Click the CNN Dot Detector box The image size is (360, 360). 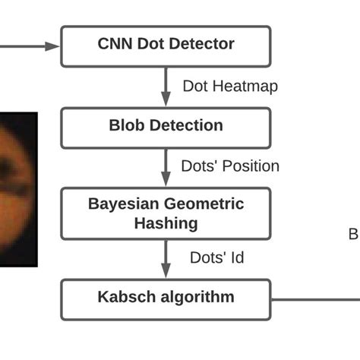[x=166, y=46]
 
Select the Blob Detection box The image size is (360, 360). [x=166, y=127]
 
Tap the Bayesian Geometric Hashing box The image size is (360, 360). [x=166, y=213]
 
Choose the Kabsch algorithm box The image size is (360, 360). [x=166, y=298]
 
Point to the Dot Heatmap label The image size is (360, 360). [x=230, y=86]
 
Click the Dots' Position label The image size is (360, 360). [x=230, y=166]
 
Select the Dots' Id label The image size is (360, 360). [x=216, y=257]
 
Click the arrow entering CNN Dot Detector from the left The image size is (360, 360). [x=30, y=46]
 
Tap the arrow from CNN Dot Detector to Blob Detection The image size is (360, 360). [x=166, y=87]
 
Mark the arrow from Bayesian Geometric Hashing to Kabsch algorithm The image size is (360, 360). [x=166, y=259]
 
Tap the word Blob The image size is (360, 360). [x=127, y=125]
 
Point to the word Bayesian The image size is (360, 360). [x=124, y=204]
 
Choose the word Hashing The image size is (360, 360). [x=166, y=223]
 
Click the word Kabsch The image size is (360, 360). [x=126, y=297]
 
